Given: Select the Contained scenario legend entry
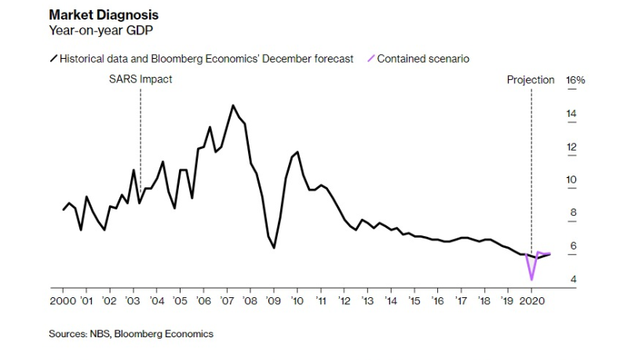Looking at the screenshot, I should click(423, 59).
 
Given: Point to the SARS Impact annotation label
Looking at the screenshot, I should click(140, 79).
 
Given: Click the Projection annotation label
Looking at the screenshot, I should click(531, 80).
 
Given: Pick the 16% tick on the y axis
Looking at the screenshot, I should click(575, 80).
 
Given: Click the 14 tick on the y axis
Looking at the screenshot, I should click(571, 115).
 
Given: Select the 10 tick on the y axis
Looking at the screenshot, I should click(571, 180).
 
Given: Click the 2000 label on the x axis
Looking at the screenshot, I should click(63, 300).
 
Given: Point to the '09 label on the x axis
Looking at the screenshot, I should click(273, 300).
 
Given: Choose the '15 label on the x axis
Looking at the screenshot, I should click(414, 300).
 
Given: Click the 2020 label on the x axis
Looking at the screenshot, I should click(532, 300).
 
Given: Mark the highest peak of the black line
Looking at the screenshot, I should click(233, 105).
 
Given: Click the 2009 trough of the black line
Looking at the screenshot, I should click(274, 248).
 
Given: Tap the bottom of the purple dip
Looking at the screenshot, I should click(532, 279).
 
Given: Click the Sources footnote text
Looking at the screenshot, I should click(131, 333).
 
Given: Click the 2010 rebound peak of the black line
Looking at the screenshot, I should click(297, 152).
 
